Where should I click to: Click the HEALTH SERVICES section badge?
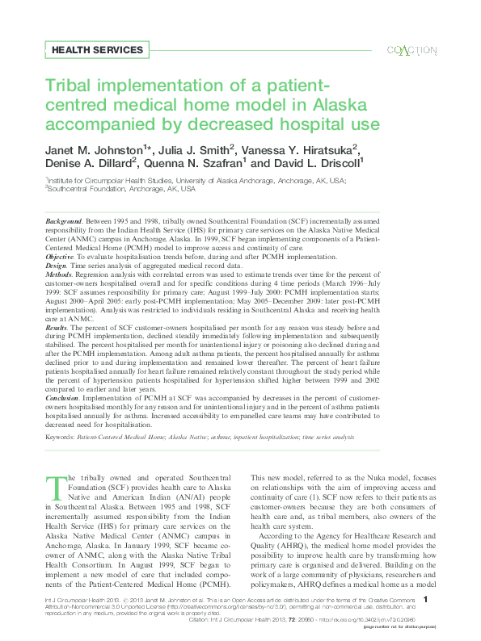pos(97,50)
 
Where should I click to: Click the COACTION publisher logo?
pos(412,50)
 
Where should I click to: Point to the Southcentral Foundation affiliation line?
pos(121,189)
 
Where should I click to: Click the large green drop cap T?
pos(55,489)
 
